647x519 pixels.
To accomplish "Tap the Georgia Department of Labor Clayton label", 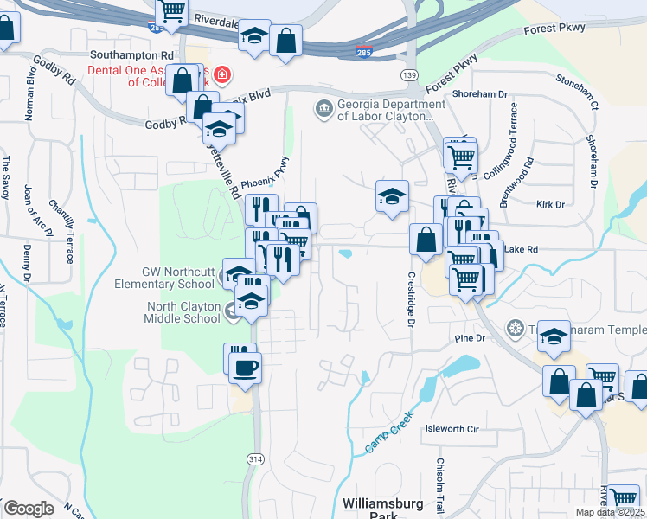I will pos(385,110).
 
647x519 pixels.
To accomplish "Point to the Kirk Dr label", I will pos(550,205).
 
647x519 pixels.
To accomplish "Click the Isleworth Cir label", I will pos(451,428).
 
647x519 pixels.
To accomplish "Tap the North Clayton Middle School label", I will pos(183,312).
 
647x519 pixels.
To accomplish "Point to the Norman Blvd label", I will pos(31,93).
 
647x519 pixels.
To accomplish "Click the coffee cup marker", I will pos(244,367).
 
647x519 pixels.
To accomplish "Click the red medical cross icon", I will pos(222,75).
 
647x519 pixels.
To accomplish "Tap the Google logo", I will pos(29,509).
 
